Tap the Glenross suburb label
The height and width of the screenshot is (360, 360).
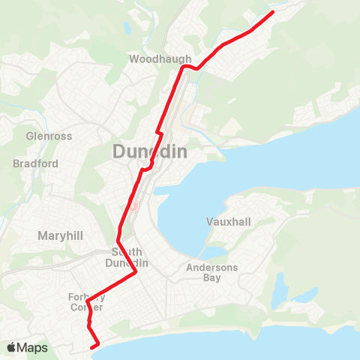point(46,136)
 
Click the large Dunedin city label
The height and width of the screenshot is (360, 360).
point(149,151)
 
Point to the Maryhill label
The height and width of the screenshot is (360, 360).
point(59,235)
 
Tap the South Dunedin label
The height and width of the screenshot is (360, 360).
point(130,257)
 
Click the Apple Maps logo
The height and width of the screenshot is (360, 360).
point(27,347)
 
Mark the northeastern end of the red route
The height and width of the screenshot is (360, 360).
point(271,12)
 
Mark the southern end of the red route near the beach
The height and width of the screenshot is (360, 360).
point(93,346)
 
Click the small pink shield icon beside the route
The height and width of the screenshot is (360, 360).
point(134,205)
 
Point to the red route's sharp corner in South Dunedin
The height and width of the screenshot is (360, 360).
point(134,273)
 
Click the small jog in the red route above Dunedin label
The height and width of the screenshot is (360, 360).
point(158,133)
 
